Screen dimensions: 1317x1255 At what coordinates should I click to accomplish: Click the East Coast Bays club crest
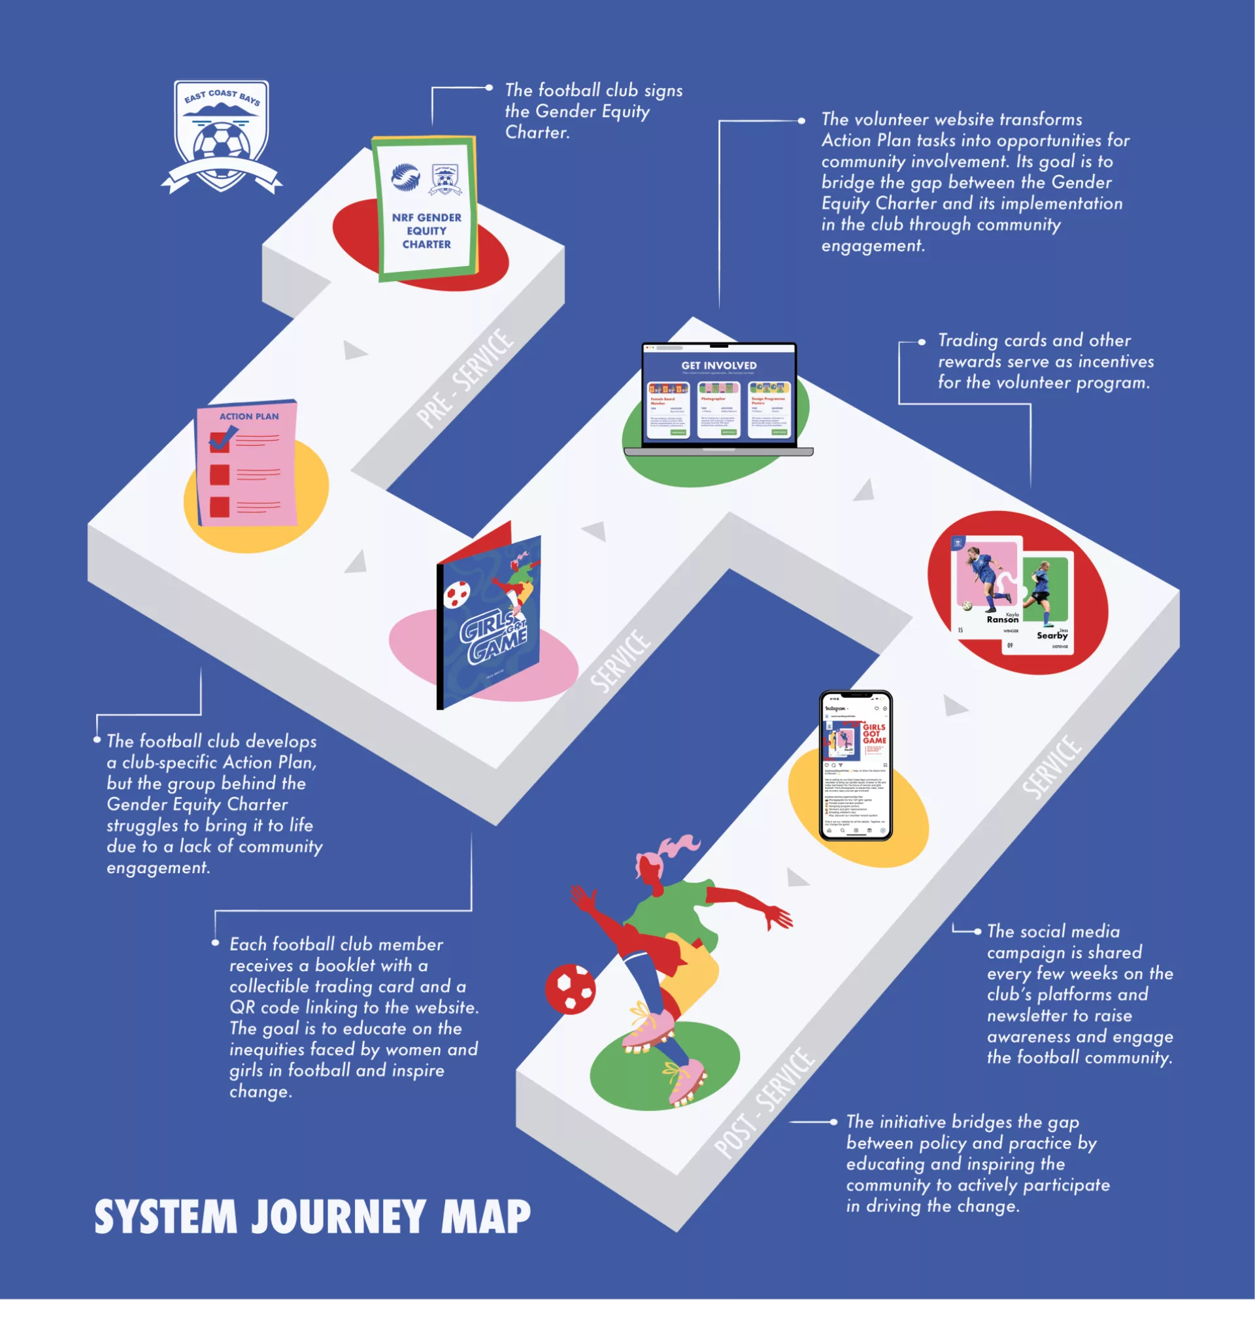222,137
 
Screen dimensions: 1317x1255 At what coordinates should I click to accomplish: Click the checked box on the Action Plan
220,441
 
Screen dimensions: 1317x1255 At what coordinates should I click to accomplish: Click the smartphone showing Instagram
856,765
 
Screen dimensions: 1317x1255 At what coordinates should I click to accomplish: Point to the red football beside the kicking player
570,988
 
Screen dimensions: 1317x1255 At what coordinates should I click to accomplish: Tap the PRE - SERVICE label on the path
465,378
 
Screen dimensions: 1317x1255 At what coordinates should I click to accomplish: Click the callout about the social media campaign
1079,994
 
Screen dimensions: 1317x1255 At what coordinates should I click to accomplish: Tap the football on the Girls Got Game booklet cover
457,594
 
